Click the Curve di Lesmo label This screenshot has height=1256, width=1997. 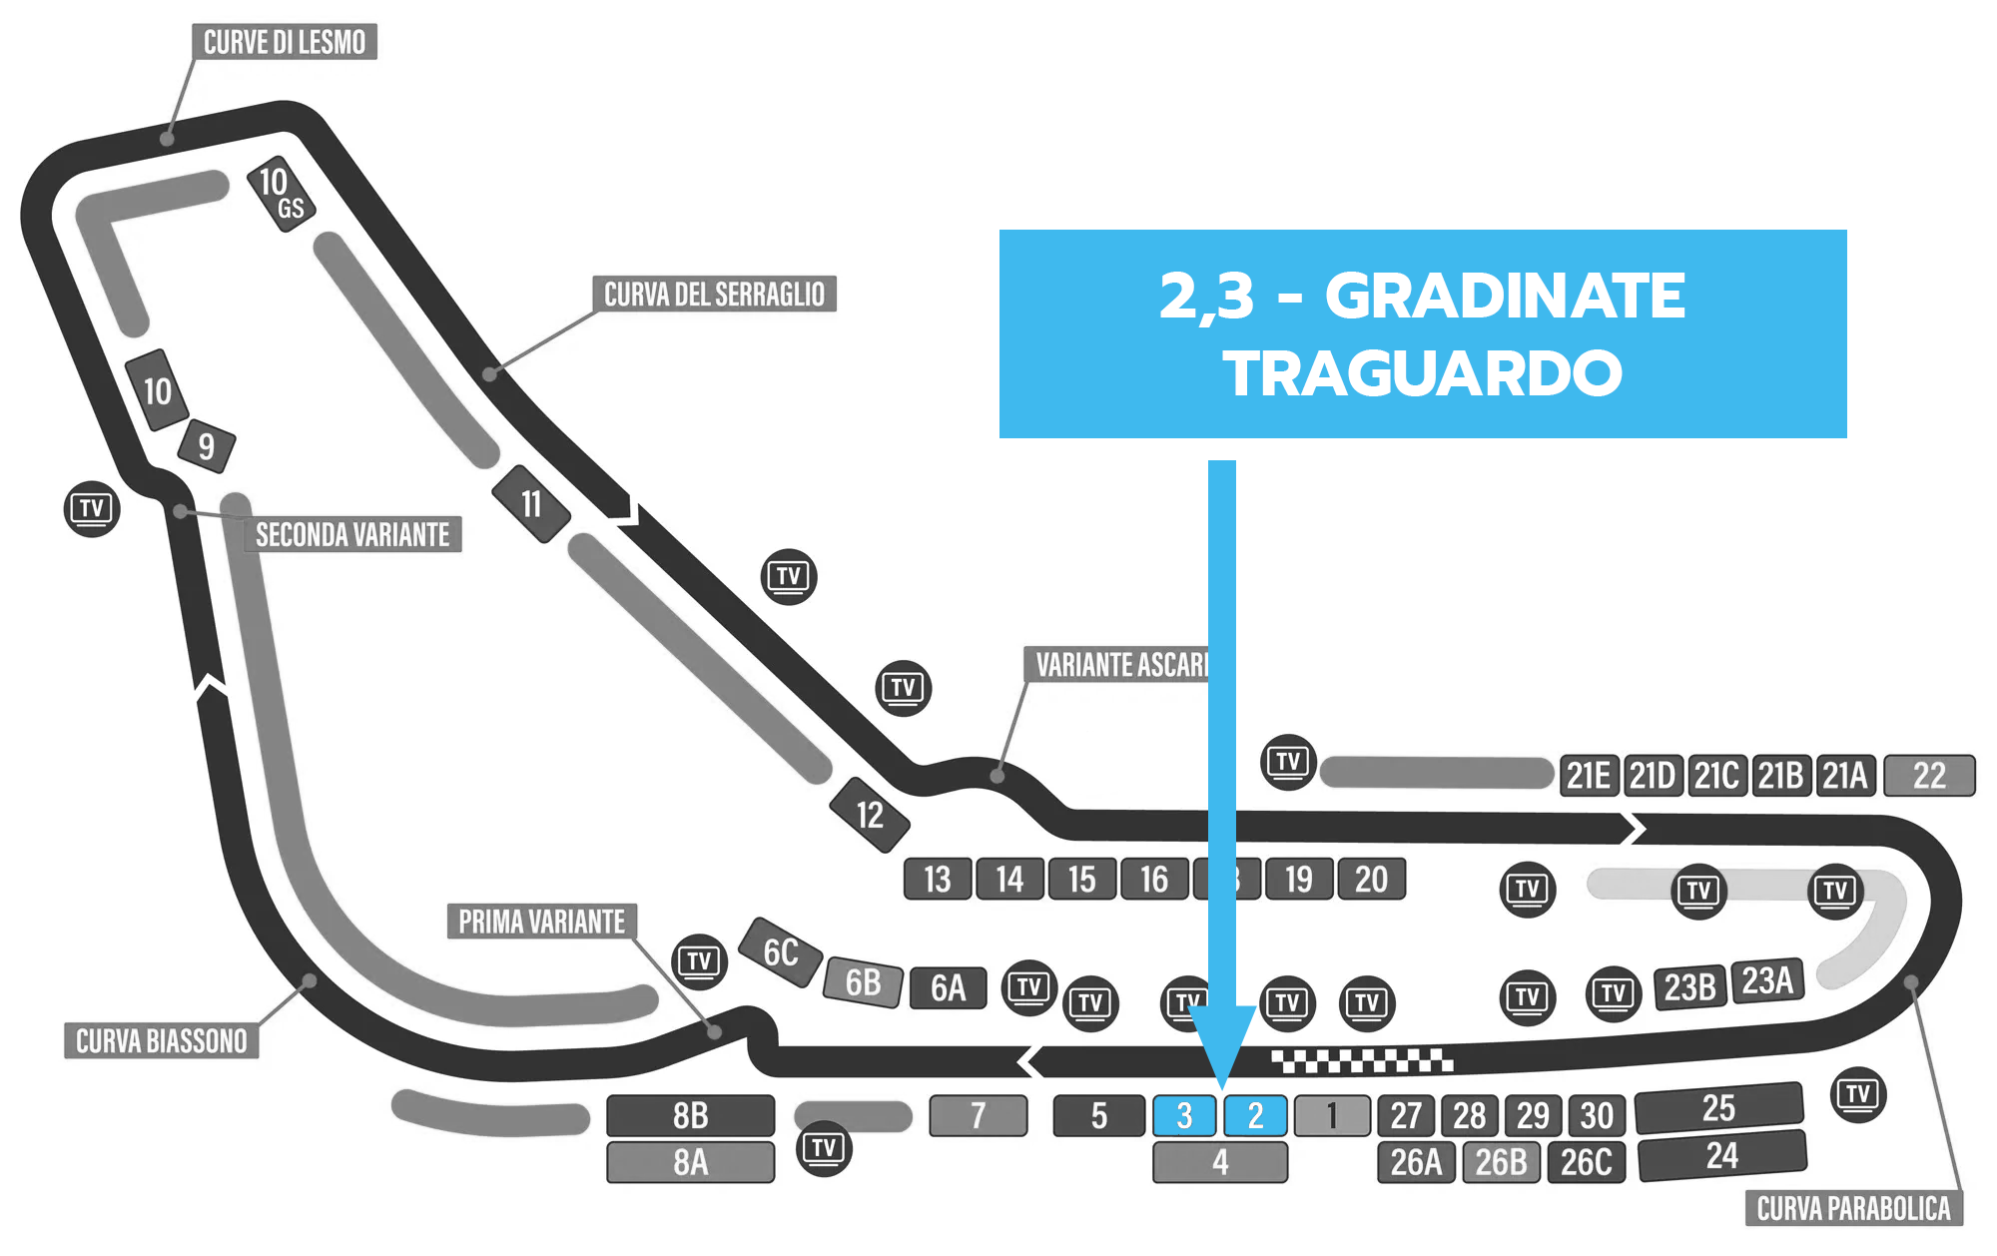(285, 42)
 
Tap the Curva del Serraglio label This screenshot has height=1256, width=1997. (714, 294)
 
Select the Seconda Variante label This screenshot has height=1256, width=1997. (352, 534)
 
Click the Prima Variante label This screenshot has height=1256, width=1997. (541, 921)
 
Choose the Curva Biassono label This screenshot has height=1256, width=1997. (162, 1040)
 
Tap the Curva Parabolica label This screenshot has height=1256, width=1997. (1853, 1208)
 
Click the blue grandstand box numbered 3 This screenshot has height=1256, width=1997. (1184, 1115)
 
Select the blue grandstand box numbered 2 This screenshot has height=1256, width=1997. (1255, 1115)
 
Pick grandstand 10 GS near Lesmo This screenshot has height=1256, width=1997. (282, 194)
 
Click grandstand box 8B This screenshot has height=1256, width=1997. (690, 1115)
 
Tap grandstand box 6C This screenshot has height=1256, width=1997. (780, 952)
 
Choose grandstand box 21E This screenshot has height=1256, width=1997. (1589, 776)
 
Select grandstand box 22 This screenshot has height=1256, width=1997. (1929, 776)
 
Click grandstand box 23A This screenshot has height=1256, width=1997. (1767, 981)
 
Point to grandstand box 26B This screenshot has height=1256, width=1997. (1501, 1162)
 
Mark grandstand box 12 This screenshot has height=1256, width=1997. (870, 815)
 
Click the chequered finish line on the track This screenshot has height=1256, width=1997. (1362, 1060)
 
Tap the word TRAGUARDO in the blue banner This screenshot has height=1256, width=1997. (1423, 373)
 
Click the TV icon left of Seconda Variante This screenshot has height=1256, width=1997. (92, 508)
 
